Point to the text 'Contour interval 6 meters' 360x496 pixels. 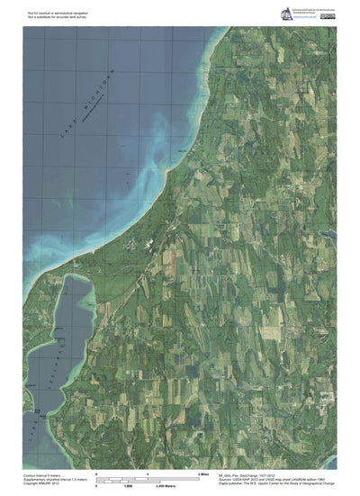40,473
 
